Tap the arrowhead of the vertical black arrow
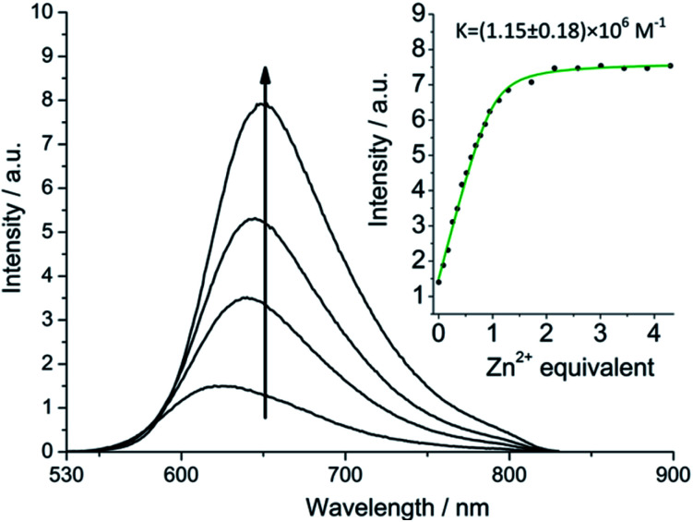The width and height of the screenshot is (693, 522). (265, 76)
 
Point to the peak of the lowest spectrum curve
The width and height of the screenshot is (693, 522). (220, 386)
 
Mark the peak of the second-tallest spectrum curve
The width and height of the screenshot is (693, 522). (253, 219)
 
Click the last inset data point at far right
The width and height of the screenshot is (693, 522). (670, 66)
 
